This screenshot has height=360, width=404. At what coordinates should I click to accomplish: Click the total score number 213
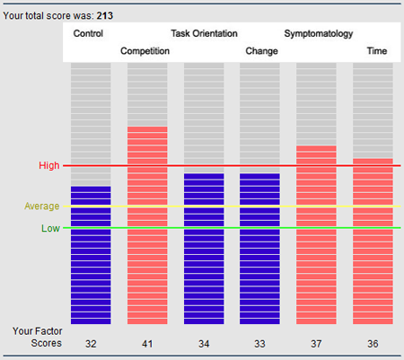coord(105,15)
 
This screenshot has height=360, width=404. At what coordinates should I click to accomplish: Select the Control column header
coord(88,33)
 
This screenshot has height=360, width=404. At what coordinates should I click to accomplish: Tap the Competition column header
coord(145,51)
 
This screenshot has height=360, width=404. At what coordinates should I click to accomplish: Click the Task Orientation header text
coord(204,33)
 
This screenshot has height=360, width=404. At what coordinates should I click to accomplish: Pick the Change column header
coord(261,51)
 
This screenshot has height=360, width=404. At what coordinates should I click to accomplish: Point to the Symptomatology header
coord(319,34)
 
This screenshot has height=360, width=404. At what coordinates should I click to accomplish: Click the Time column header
coord(377,51)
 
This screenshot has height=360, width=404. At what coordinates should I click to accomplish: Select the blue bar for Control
coord(91,255)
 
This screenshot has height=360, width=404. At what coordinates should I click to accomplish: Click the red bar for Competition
coord(147,225)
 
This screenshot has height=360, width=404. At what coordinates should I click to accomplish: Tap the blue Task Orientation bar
coord(204,249)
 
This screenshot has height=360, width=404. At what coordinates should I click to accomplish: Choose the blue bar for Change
coord(259,249)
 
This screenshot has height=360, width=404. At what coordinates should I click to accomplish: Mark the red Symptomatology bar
coord(316,235)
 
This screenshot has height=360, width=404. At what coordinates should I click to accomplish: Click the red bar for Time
coord(373,241)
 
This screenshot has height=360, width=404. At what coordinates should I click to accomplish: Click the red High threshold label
coord(49,165)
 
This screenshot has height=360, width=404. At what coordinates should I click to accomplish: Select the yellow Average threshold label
coord(42,206)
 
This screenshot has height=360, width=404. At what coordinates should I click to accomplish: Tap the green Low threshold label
coord(50,228)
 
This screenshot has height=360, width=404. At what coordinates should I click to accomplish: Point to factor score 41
coord(147,344)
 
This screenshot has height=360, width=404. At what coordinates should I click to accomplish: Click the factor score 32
coord(91,344)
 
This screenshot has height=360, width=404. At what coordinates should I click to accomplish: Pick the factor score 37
coord(316,344)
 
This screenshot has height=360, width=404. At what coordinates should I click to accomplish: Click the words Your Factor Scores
coord(38,338)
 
